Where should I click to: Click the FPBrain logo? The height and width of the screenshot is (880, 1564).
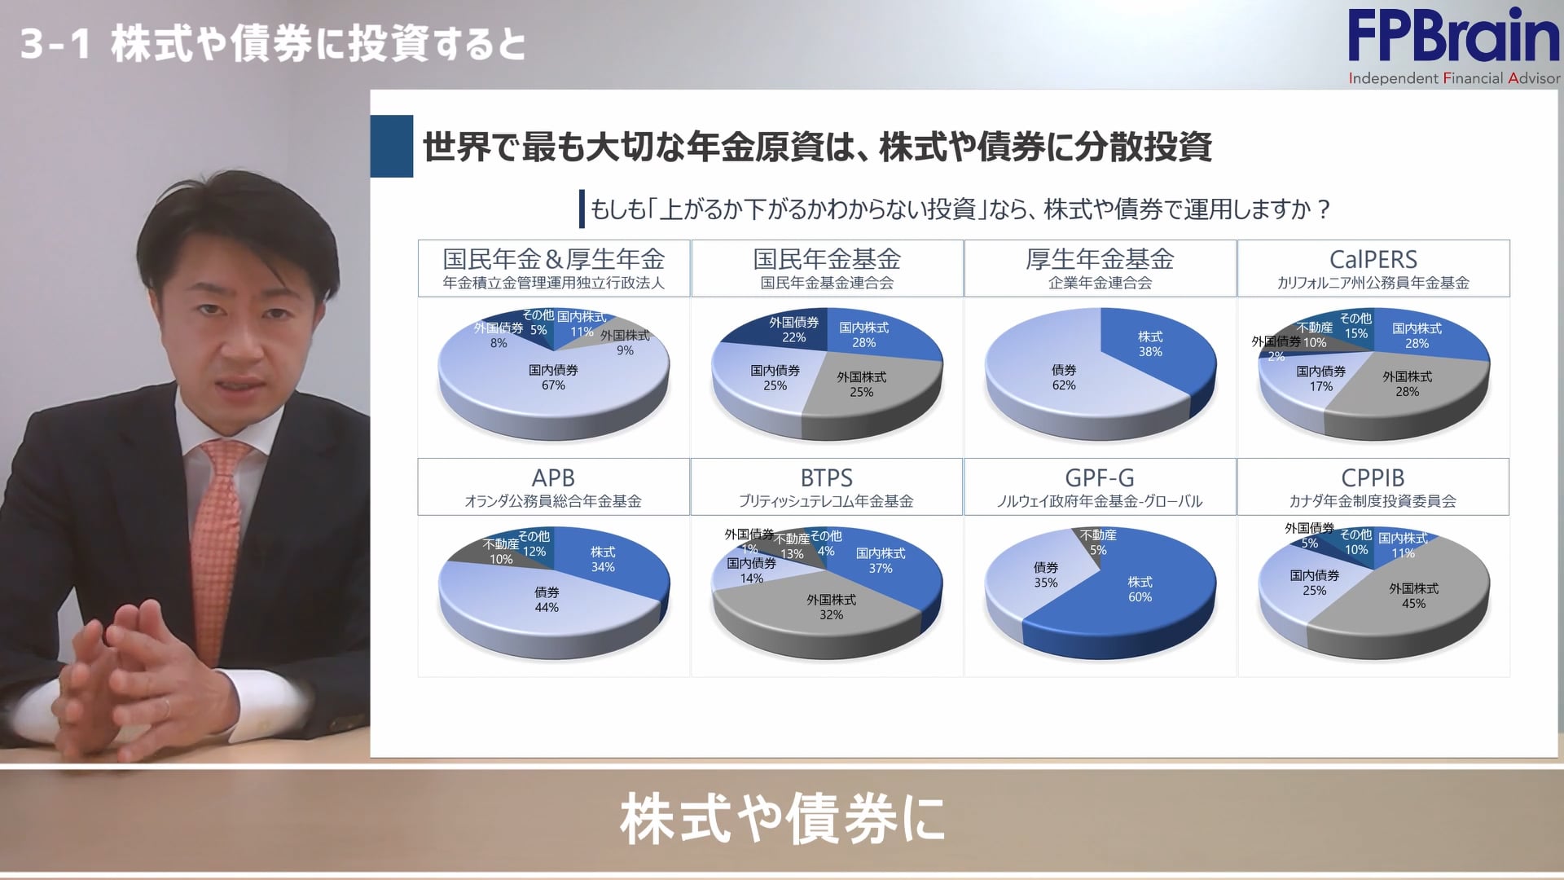coord(1453,45)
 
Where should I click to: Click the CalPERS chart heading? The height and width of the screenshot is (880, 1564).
coord(1373,260)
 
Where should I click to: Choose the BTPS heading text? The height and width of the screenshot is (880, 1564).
coord(827,477)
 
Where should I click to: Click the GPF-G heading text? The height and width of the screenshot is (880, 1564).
coord(1100,477)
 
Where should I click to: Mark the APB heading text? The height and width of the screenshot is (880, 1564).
coord(553,477)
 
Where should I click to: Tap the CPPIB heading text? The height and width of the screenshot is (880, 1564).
coord(1373,477)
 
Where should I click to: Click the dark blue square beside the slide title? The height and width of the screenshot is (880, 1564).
coord(392,147)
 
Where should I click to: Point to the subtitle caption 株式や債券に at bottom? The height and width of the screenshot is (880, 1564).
coord(782,819)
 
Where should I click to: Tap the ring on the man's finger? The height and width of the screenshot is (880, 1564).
coord(168,706)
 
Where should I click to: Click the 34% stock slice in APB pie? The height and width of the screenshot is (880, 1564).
coord(607,562)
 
